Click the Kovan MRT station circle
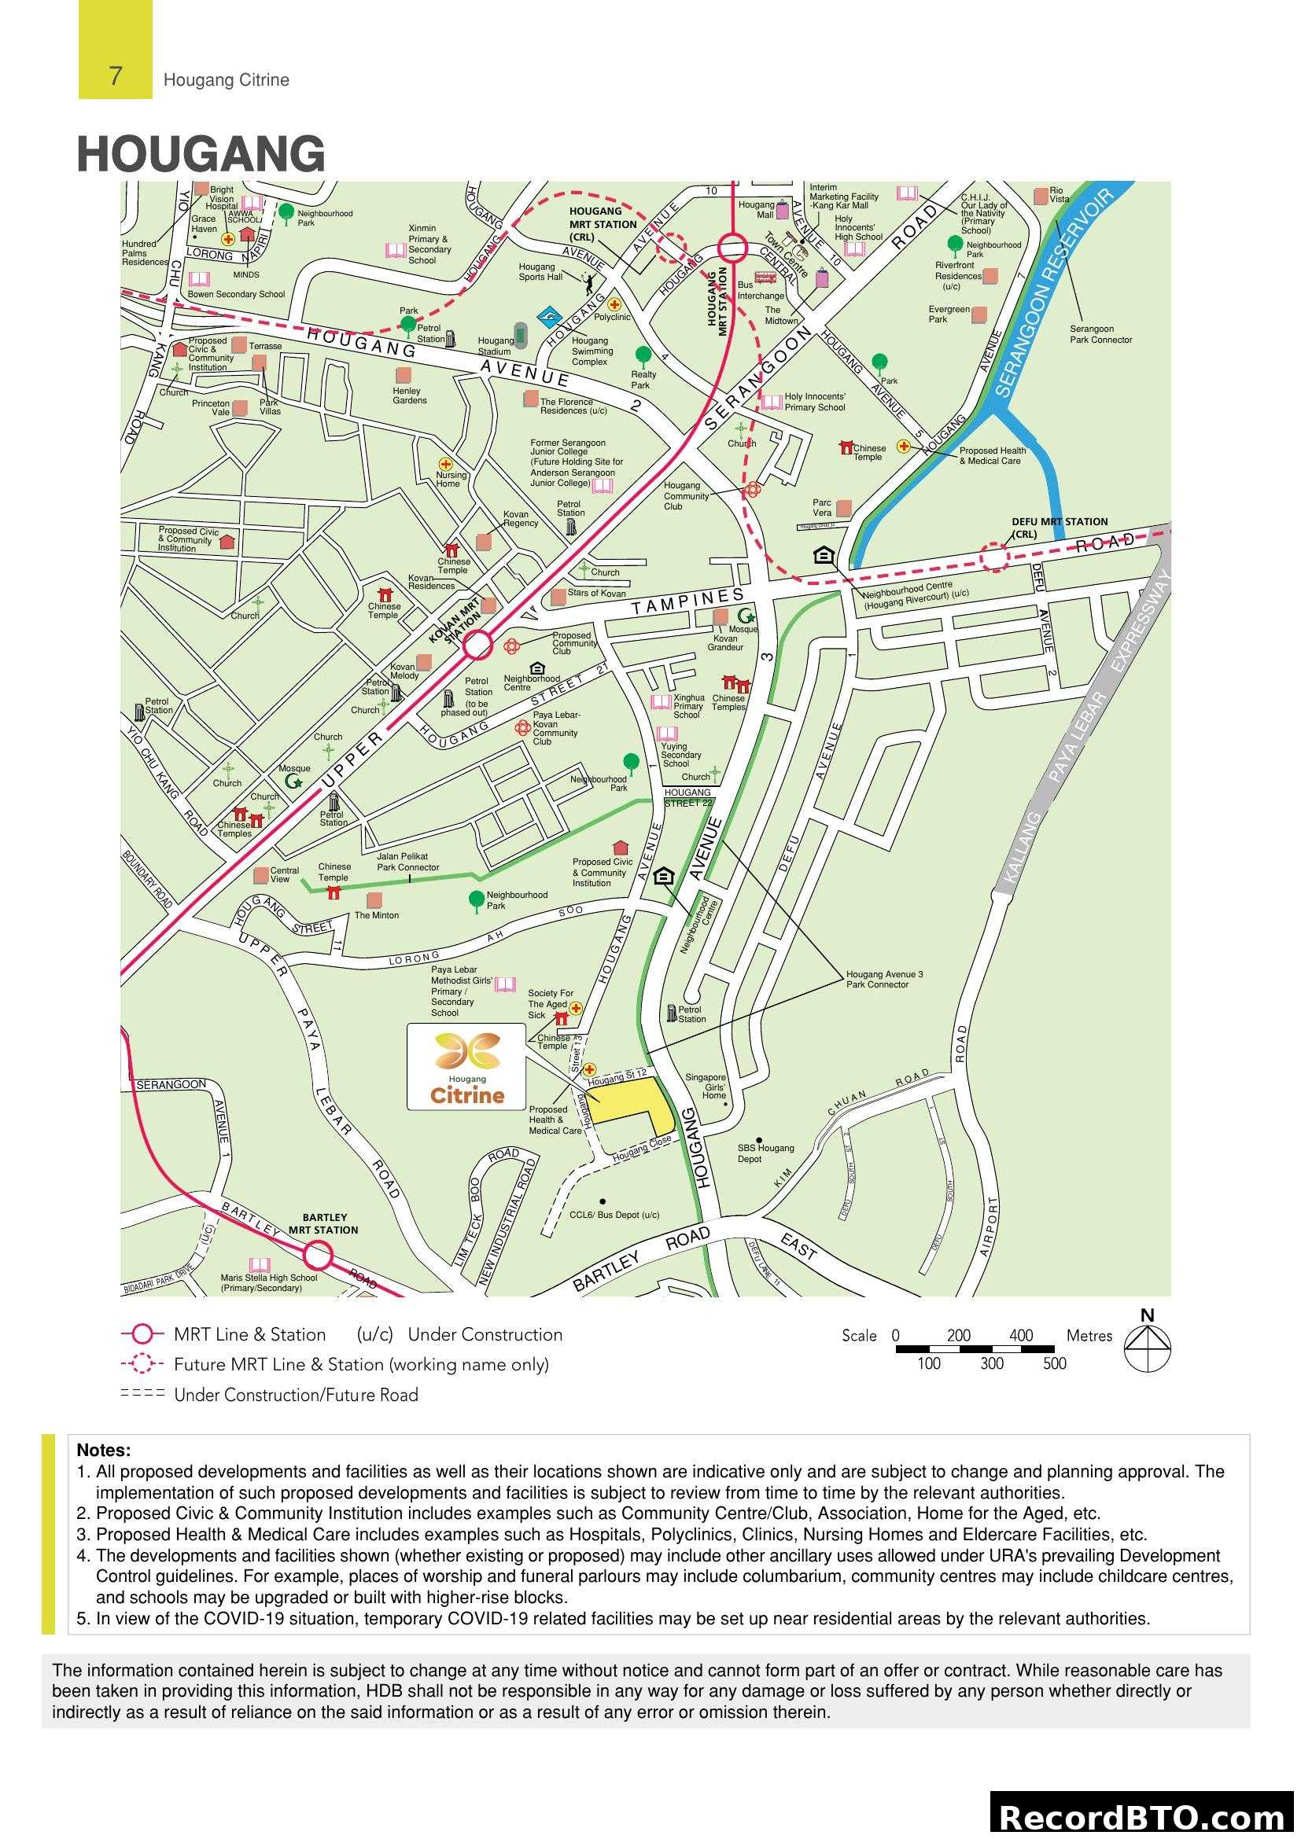click(478, 645)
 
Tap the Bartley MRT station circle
click(318, 1255)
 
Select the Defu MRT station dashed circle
click(995, 557)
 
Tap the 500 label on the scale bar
click(1054, 1363)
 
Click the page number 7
click(116, 76)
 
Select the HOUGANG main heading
click(201, 154)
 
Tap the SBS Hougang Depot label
click(765, 1153)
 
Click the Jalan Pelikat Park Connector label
click(407, 862)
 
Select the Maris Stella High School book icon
click(259, 1266)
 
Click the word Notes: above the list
click(103, 1451)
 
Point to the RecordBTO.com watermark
click(1144, 1816)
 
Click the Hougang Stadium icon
click(520, 334)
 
